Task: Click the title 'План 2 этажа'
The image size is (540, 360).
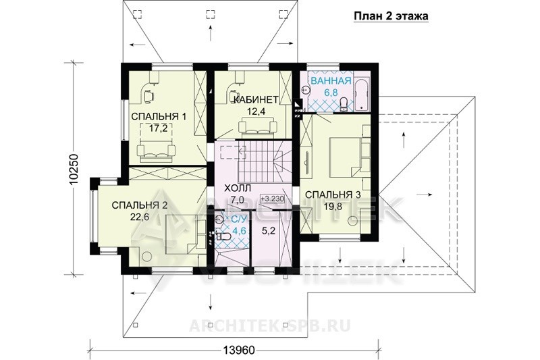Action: point(391,16)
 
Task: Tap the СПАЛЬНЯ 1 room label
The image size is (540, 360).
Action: point(159,116)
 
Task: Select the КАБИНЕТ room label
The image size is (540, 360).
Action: point(256,100)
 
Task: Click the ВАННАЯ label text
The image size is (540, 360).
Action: point(331,81)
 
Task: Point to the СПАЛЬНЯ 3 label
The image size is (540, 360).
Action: point(333,195)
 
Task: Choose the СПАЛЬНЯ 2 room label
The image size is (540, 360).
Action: point(140,205)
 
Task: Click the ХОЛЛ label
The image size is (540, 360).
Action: point(238,188)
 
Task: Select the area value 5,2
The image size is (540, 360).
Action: point(269,231)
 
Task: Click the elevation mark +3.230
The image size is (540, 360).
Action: point(272,199)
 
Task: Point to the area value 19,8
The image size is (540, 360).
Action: point(333,206)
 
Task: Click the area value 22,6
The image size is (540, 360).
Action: point(139,217)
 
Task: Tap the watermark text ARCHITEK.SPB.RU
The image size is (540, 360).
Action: point(270,325)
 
